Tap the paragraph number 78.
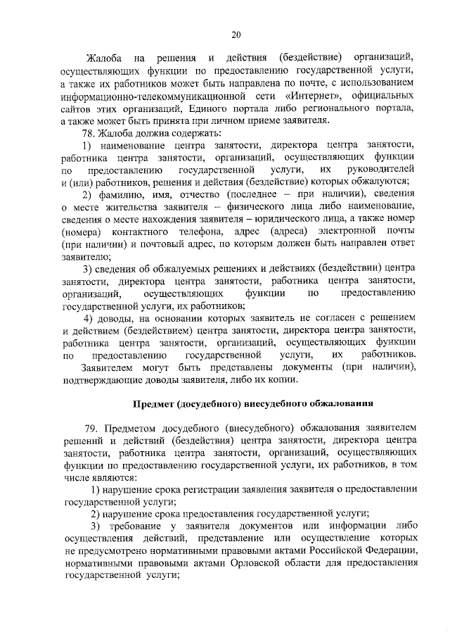(88, 133)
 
